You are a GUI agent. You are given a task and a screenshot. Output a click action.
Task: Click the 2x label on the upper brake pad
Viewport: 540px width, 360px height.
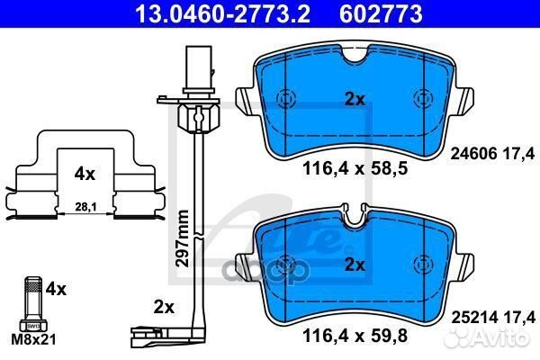pyautogui.click(x=355, y=100)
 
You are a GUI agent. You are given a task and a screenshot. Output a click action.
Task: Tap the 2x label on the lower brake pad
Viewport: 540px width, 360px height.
pyautogui.click(x=355, y=265)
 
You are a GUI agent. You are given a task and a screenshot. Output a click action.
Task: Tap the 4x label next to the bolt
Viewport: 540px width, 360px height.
pyautogui.click(x=56, y=290)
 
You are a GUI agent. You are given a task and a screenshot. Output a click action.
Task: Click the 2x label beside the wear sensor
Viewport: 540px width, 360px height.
pyautogui.click(x=163, y=308)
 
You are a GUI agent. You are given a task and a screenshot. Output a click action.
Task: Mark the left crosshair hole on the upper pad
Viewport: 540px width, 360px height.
pyautogui.click(x=285, y=100)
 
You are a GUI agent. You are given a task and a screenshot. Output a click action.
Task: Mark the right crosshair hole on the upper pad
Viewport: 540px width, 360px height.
pyautogui.click(x=421, y=100)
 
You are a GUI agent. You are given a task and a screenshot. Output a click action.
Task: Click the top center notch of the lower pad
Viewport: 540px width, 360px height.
pyautogui.click(x=354, y=216)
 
